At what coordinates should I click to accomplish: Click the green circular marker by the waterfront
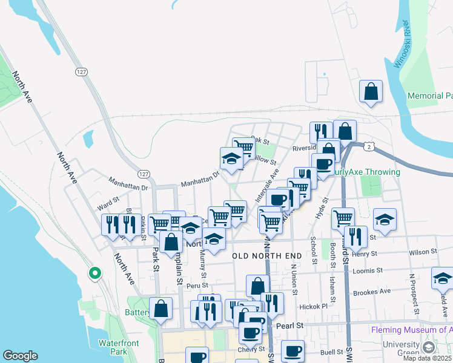[x=94, y=273]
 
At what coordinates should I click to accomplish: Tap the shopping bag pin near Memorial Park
[x=371, y=92]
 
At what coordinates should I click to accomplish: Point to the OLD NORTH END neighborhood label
[x=267, y=257]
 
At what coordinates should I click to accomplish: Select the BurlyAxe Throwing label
[x=366, y=172]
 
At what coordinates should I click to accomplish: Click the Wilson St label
[x=422, y=251]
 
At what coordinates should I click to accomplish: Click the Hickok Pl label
[x=312, y=307]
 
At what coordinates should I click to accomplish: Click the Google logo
[x=20, y=356]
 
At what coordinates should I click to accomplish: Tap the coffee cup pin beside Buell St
[x=293, y=351]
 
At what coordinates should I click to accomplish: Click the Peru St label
[x=197, y=285]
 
